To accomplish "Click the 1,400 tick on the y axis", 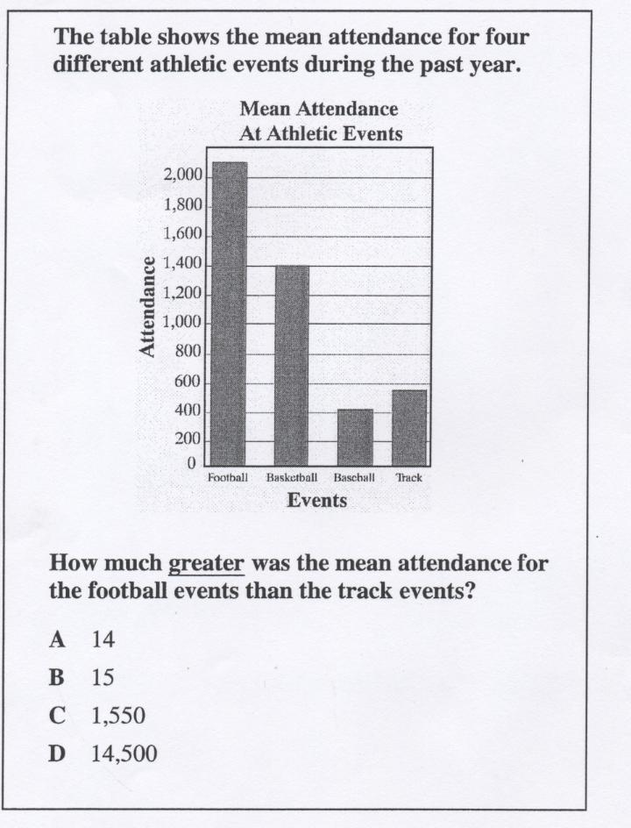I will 183,264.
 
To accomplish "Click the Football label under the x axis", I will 228,479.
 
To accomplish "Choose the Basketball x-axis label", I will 292,479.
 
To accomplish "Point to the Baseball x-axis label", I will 354,479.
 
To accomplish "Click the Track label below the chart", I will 409,479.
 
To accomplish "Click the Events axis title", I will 317,501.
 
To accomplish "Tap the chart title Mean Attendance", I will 319,110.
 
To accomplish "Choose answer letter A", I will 58,639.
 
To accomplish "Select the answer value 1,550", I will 118,716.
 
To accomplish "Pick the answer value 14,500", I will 124,753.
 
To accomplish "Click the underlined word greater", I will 206,563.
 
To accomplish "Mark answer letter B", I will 58,678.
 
